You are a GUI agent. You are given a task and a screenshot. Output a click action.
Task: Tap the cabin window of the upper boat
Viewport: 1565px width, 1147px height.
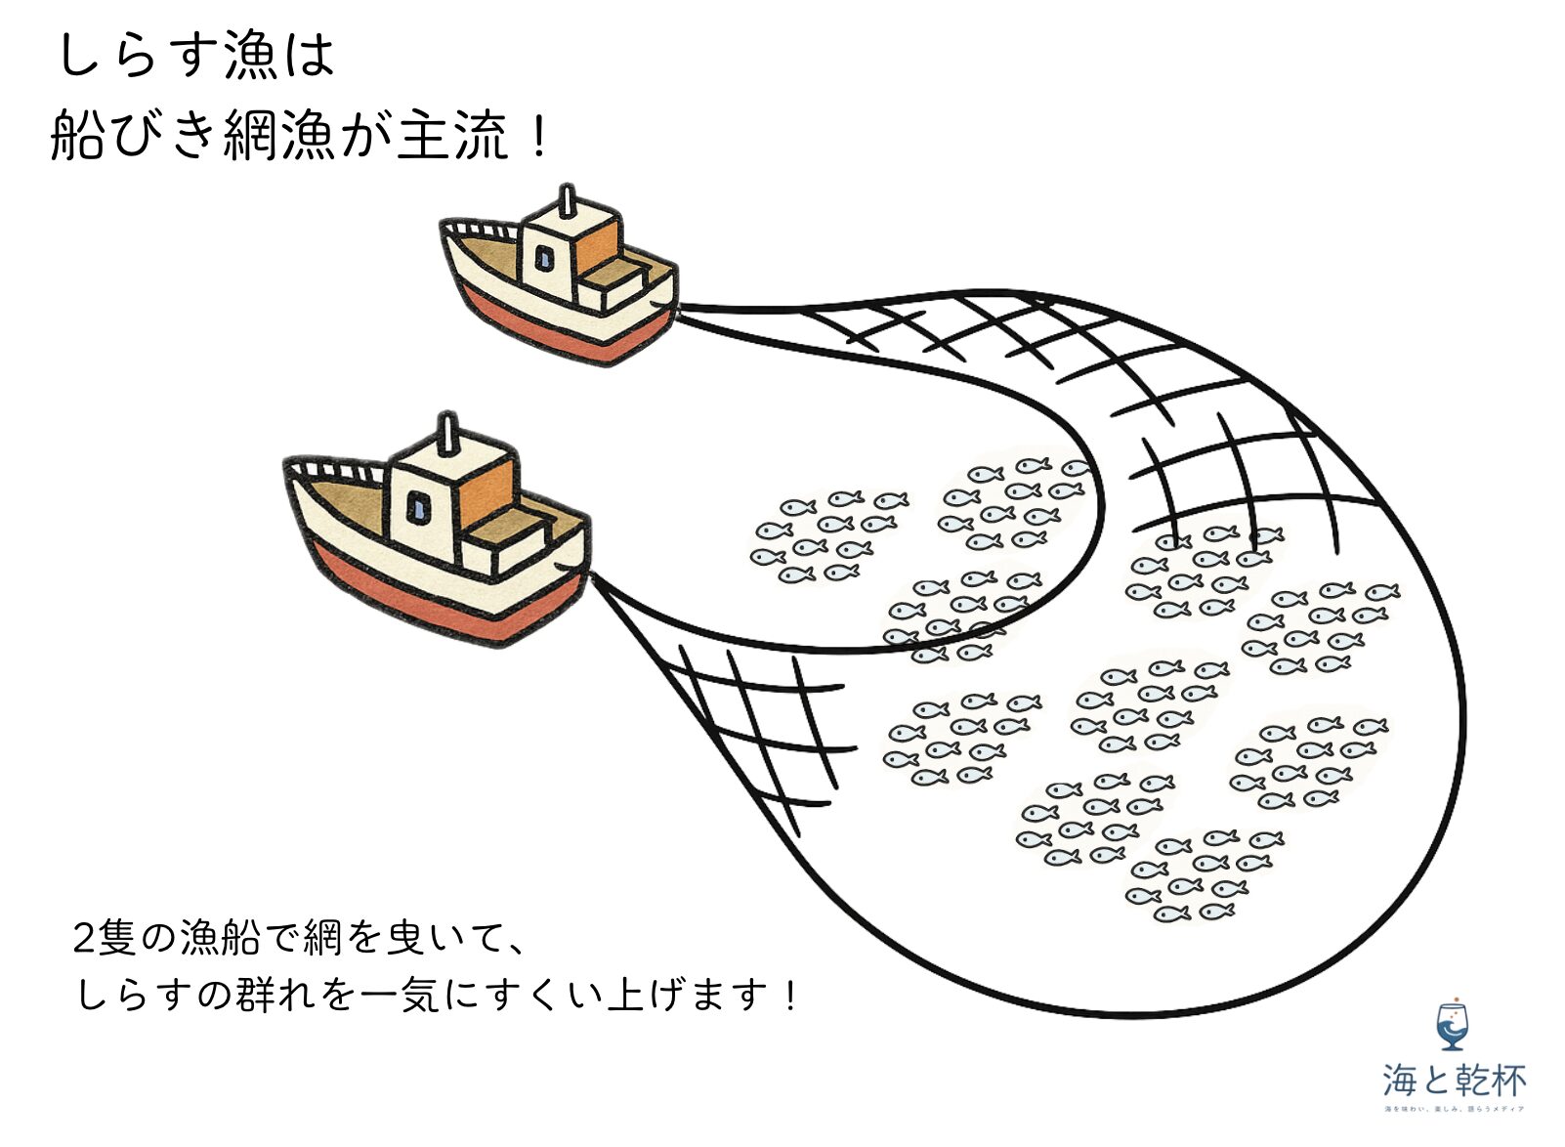click(544, 259)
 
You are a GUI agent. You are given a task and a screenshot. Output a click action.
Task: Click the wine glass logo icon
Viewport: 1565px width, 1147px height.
click(1453, 1026)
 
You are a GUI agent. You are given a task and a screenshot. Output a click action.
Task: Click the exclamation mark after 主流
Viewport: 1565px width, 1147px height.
click(537, 135)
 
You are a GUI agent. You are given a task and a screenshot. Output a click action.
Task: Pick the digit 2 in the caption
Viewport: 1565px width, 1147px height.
click(85, 938)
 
